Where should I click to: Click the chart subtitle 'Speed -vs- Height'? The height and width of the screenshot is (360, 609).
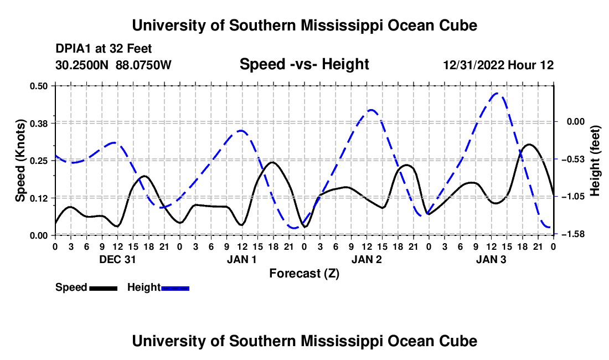point(304,64)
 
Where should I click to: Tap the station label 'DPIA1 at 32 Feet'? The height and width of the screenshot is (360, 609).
point(104,49)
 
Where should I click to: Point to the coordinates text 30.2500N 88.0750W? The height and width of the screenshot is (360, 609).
point(113,65)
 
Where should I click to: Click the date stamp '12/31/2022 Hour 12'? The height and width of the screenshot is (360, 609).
point(498,65)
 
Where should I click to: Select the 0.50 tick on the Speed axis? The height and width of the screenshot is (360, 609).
point(38,86)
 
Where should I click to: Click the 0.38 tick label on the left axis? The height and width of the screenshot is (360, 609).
point(38,124)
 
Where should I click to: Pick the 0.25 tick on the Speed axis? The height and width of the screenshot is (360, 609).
point(38,161)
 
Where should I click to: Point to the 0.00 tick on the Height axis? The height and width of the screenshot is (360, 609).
point(576,121)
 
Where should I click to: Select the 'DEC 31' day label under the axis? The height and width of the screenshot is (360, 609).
point(117,259)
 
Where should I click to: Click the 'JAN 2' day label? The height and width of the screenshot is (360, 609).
point(367,259)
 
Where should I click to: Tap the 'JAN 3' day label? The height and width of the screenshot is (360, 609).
point(491,259)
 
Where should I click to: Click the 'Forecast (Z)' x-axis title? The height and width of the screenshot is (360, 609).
point(304,274)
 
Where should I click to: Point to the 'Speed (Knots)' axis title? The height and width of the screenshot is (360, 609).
point(20,161)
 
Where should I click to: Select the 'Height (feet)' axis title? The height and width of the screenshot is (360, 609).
point(595,161)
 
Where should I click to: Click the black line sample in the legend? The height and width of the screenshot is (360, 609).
point(104,289)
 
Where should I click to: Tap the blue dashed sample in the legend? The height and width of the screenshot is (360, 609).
point(175,289)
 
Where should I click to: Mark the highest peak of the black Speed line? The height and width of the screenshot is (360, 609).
point(529,145)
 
